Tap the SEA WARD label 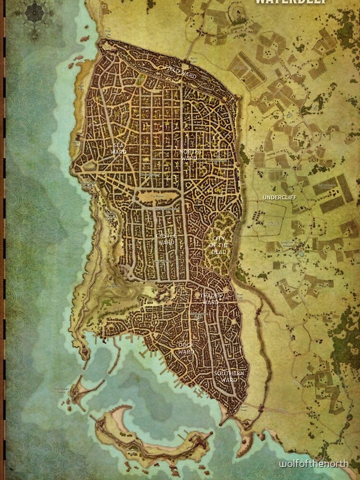(119, 148)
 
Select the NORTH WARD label (189, 155)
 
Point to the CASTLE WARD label (167, 239)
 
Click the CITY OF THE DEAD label (219, 245)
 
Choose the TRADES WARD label (209, 299)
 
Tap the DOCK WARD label (186, 348)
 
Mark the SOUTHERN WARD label (229, 377)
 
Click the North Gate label (193, 60)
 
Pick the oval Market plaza (158, 197)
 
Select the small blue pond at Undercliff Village (300, 253)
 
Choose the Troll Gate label (108, 33)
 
